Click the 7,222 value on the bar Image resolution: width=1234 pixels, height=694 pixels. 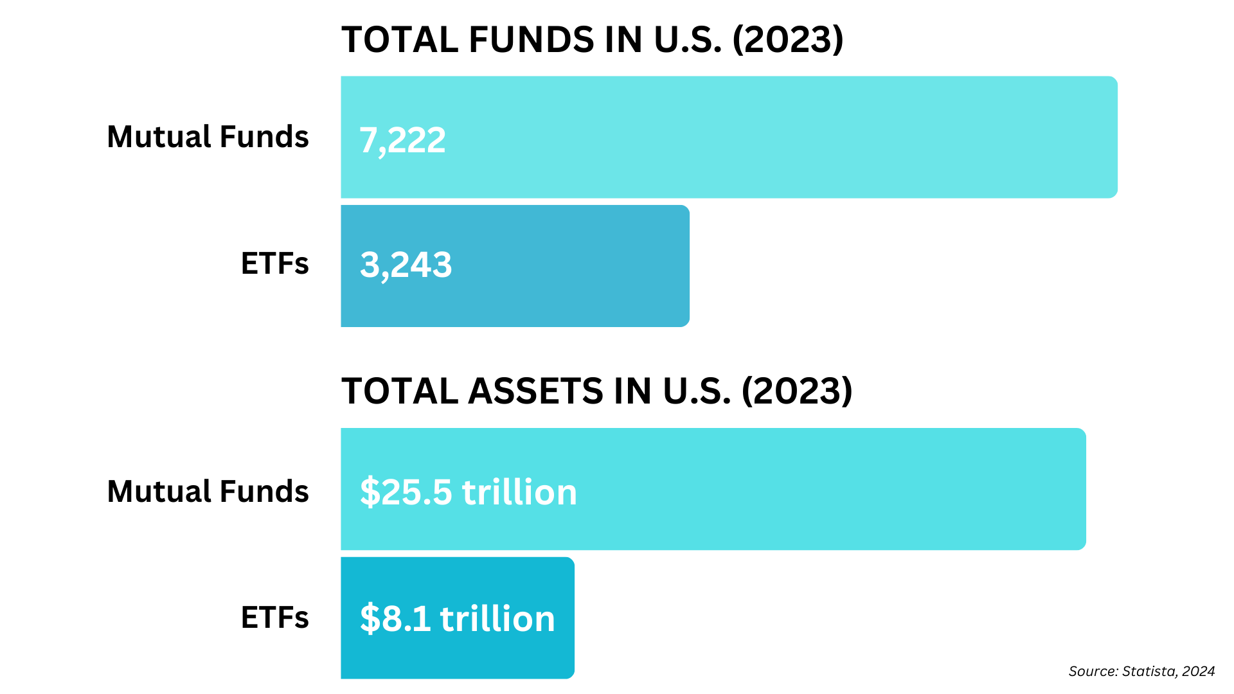tap(402, 140)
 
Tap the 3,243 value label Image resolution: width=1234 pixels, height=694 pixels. tap(406, 265)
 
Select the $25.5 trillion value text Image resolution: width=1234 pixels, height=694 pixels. tap(468, 492)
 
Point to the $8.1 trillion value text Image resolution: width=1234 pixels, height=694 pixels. tap(457, 618)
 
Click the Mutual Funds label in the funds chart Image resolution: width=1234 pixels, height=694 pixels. tap(208, 137)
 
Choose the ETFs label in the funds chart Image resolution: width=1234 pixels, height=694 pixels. tap(274, 263)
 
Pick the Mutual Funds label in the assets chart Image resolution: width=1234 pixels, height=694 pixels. tap(208, 492)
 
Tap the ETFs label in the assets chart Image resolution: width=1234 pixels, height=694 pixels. tap(274, 618)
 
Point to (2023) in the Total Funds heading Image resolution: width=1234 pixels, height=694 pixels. tap(788, 40)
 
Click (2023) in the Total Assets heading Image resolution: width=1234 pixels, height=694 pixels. tap(797, 391)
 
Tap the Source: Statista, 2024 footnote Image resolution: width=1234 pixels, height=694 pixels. tap(1141, 672)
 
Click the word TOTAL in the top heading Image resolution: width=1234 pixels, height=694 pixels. tap(400, 40)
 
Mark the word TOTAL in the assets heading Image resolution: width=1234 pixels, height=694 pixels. tap(400, 391)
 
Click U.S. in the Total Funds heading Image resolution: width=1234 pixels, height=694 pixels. tap(688, 40)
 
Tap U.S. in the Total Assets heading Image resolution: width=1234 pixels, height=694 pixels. tap(697, 391)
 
